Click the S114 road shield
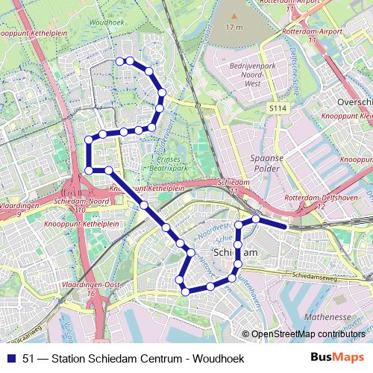[278, 108]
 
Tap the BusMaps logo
[338, 358]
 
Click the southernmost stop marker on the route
[185, 291]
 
